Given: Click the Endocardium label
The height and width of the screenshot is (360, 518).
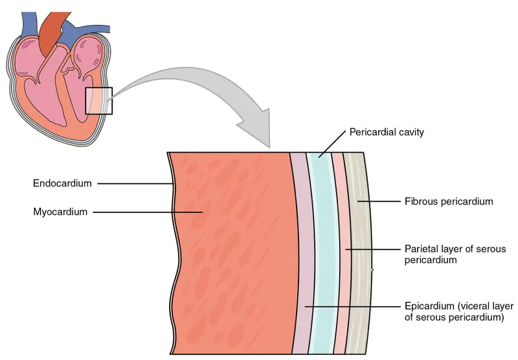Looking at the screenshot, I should click(x=63, y=183).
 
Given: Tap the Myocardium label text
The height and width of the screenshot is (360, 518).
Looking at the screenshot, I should click(x=60, y=211).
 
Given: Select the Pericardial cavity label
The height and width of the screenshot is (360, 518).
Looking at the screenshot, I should click(x=387, y=132).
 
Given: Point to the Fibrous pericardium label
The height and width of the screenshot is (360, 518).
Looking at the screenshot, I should click(x=448, y=201).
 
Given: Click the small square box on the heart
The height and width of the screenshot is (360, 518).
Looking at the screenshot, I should click(x=99, y=100).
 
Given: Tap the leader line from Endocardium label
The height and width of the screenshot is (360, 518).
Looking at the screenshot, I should click(x=136, y=183).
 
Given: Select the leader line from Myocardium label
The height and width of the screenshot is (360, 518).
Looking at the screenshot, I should click(x=149, y=211).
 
